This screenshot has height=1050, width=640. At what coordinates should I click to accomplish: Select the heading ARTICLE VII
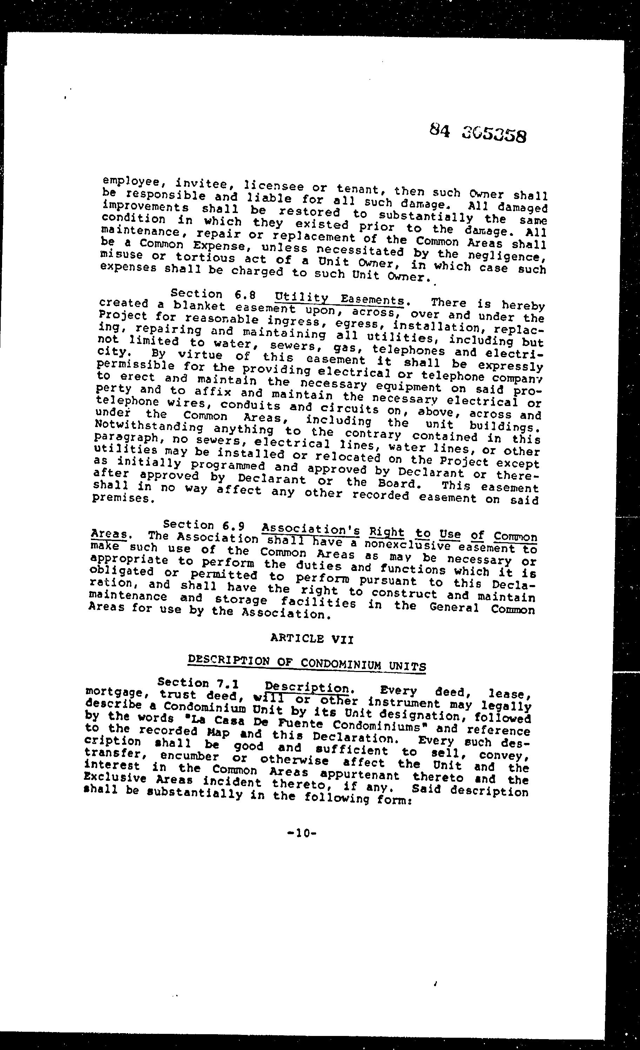[312, 638]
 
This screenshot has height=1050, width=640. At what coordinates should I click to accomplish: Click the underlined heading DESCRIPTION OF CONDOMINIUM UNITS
[307, 663]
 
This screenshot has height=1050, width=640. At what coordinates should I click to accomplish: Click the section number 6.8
[245, 294]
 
